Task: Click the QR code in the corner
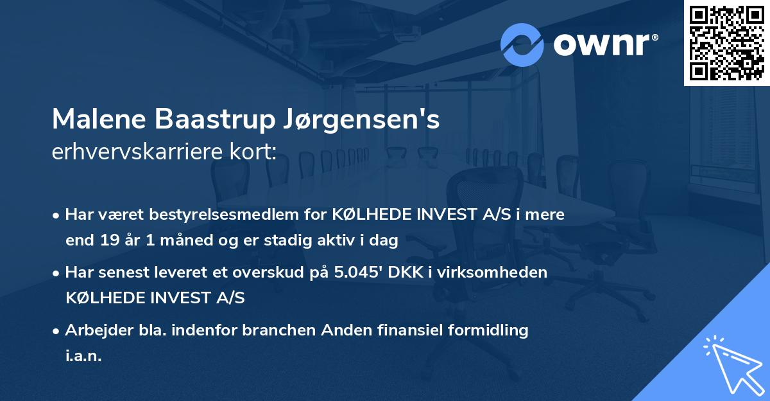click(x=726, y=43)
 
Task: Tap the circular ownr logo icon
click(x=522, y=44)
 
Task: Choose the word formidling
click(x=487, y=330)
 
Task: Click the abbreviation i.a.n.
click(x=83, y=355)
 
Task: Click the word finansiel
click(x=409, y=330)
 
